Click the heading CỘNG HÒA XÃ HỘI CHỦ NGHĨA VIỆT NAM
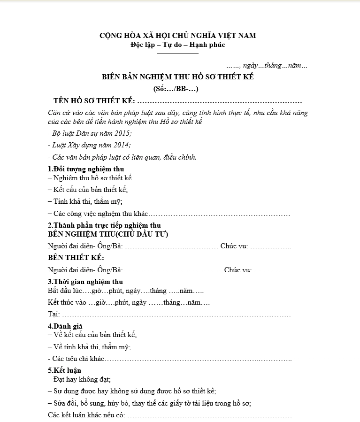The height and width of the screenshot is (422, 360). pos(178,36)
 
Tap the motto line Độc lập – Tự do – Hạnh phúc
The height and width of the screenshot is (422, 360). pos(178,45)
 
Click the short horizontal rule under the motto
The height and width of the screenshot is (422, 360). pos(178,54)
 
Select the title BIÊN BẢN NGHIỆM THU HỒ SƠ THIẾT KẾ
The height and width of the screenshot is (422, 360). pos(178,77)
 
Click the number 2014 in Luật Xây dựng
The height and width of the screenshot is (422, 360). pos(121,146)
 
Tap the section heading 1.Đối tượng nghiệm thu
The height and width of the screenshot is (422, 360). pos(86,169)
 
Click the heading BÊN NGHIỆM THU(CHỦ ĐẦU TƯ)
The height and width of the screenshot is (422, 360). pos(108,234)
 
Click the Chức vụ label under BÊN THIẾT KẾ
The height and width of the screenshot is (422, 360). pos(237,270)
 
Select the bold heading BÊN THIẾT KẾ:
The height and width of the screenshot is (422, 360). pos(76,258)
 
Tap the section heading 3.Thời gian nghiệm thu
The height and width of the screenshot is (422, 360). pos(85,282)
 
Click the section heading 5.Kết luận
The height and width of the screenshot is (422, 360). pos(64,370)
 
